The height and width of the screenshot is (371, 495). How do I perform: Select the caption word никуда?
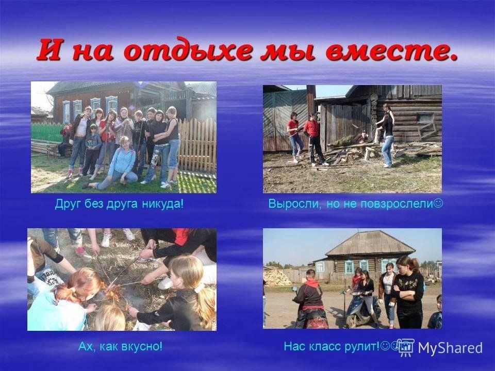pos(163,204)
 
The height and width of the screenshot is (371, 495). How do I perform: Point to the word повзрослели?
pos(397,204)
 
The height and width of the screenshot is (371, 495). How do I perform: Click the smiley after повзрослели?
pos(438,203)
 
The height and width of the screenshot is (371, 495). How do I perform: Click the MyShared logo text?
pos(450,348)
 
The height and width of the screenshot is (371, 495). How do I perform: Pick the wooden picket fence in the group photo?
pos(197,145)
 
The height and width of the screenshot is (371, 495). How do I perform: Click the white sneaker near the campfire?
pos(166,283)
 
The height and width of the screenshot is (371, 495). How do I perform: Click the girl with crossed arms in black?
pos(408,292)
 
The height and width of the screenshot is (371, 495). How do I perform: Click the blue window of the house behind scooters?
pos(349,267)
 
